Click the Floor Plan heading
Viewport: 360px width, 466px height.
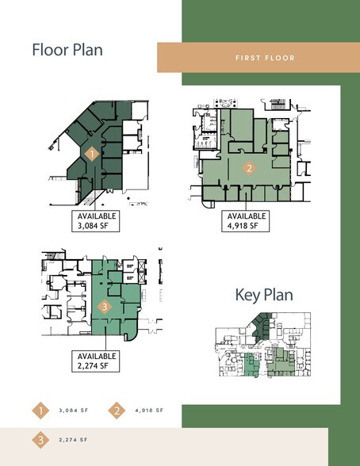[67, 50]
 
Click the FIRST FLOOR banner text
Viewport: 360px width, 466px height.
[265, 58]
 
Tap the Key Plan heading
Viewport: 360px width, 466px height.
[264, 295]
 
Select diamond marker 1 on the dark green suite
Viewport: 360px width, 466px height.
[92, 154]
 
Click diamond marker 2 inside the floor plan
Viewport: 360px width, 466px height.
[249, 168]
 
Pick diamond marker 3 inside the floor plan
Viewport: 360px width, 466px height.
[105, 307]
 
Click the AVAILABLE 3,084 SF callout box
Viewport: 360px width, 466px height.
[96, 221]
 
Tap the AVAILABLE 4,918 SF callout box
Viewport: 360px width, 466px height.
[246, 221]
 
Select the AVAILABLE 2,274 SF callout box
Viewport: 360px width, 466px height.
[96, 361]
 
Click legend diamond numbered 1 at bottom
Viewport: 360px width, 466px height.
[40, 411]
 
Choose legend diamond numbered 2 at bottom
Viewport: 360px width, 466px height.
[117, 411]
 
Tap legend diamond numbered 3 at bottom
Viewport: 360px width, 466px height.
[40, 440]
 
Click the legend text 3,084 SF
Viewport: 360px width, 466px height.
[74, 411]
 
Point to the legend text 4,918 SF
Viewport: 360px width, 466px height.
[149, 411]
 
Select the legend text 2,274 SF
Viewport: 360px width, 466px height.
[74, 440]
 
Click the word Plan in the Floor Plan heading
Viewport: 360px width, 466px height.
[88, 50]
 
